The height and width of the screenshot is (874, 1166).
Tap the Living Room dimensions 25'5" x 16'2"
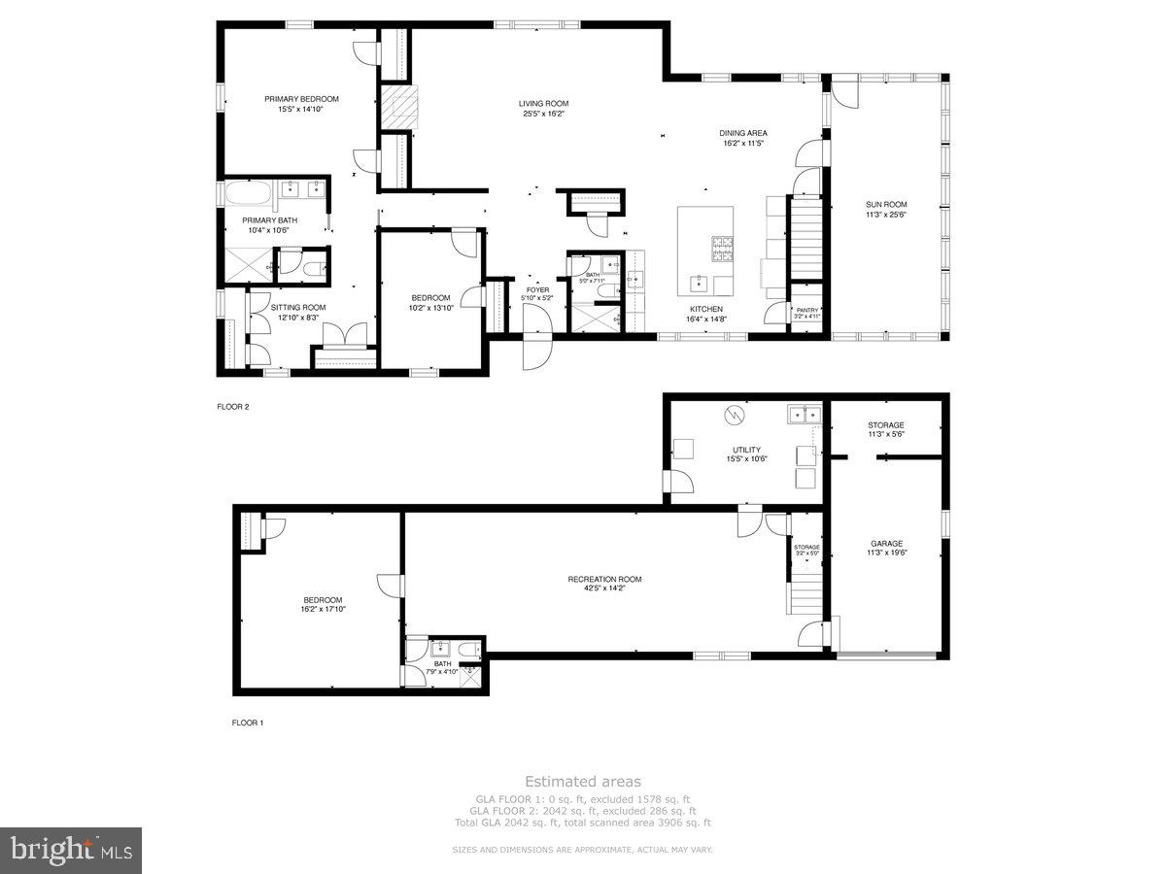(542, 114)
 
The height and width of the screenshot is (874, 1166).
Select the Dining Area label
(743, 133)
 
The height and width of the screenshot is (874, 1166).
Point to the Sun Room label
(886, 204)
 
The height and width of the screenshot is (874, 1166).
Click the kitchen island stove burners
(724, 250)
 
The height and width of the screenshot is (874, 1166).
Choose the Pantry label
(808, 310)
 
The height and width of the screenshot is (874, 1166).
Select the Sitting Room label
(298, 307)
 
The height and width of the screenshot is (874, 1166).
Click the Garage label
(886, 544)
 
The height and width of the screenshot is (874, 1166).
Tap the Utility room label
(746, 450)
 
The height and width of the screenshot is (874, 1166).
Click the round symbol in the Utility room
(734, 415)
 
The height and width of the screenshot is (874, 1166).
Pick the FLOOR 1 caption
(247, 723)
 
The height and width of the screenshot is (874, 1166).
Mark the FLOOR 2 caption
(233, 407)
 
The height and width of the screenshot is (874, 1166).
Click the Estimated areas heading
(582, 781)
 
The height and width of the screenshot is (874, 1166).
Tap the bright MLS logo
(71, 851)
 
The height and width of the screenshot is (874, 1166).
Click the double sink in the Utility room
(805, 415)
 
